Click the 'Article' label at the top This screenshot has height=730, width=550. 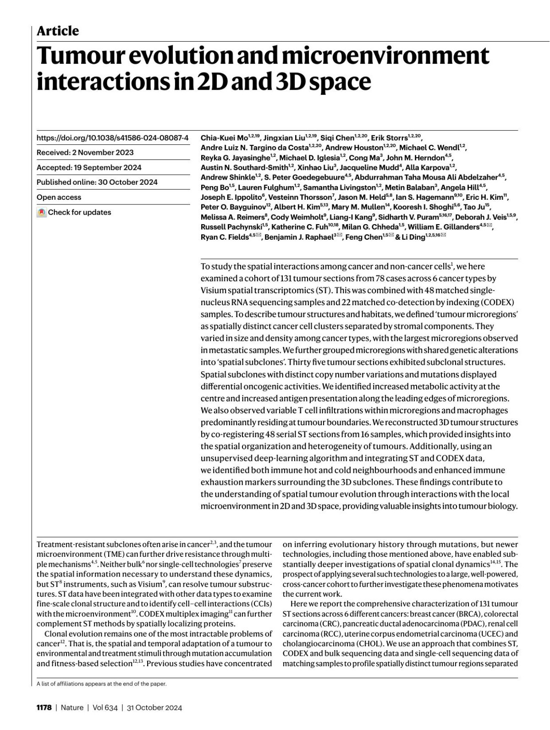pyautogui.click(x=58, y=31)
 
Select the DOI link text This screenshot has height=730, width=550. pyautogui.click(x=112, y=137)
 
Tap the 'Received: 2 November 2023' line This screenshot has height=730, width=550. pyautogui.click(x=85, y=153)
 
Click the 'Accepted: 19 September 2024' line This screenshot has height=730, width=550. pyautogui.click(x=89, y=167)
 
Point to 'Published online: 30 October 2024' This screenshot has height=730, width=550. pyautogui.click(x=97, y=182)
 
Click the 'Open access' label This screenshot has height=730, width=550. pyautogui.click(x=59, y=197)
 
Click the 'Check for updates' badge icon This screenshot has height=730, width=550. pyautogui.click(x=42, y=213)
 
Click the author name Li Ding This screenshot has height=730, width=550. pyautogui.click(x=413, y=237)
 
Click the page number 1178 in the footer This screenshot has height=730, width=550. pyautogui.click(x=44, y=708)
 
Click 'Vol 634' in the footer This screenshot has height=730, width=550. pyautogui.click(x=105, y=708)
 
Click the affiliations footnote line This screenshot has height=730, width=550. pyautogui.click(x=101, y=684)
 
